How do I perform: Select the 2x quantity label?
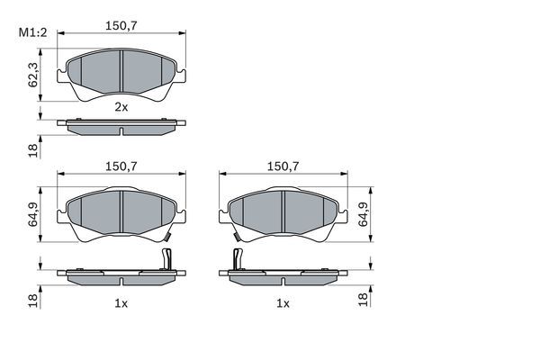click(x=121, y=106)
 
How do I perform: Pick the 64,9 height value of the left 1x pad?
click(x=33, y=216)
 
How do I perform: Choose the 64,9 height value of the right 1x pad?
click(x=364, y=216)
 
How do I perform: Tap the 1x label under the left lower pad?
click(x=121, y=303)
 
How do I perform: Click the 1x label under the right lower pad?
click(x=283, y=303)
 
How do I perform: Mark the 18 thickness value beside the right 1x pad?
click(x=364, y=299)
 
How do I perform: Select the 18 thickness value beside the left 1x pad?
click(x=33, y=299)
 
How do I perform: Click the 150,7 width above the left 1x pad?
click(x=121, y=166)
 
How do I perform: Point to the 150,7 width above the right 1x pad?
click(x=283, y=166)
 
